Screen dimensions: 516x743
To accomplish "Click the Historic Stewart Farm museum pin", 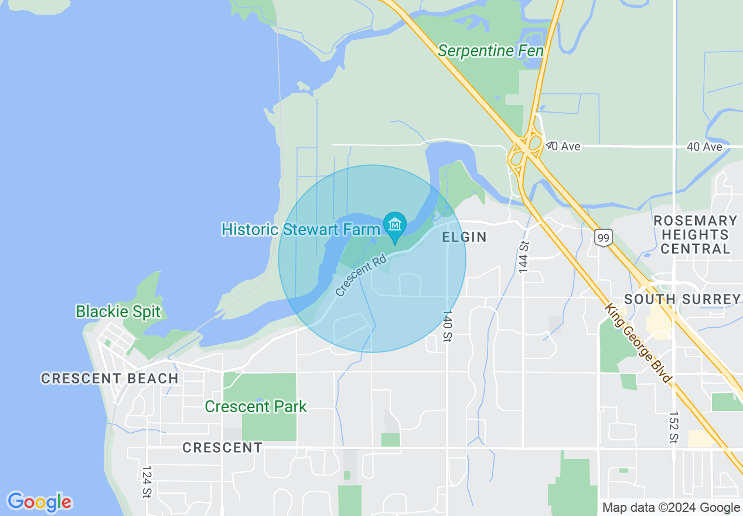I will [x=395, y=225].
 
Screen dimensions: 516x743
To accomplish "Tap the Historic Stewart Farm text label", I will [x=301, y=229].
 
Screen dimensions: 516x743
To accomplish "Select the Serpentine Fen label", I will [x=490, y=51].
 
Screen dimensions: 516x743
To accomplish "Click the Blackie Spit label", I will [x=118, y=311].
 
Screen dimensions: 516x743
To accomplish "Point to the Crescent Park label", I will [x=255, y=406].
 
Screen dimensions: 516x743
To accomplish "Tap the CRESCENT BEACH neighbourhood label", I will [x=110, y=378].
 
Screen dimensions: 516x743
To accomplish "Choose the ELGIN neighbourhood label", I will [x=464, y=237].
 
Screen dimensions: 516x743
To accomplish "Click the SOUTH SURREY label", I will [x=682, y=299].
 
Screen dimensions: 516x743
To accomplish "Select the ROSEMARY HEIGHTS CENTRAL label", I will [x=695, y=235].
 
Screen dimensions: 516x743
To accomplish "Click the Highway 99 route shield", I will [x=603, y=237].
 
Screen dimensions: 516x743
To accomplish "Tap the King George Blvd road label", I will [x=639, y=343].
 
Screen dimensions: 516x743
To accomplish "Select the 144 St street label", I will [x=524, y=256].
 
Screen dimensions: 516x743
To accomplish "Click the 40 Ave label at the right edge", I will [x=704, y=147].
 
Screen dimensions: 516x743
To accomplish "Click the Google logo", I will [x=39, y=502].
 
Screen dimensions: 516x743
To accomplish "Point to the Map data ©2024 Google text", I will [x=671, y=508].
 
